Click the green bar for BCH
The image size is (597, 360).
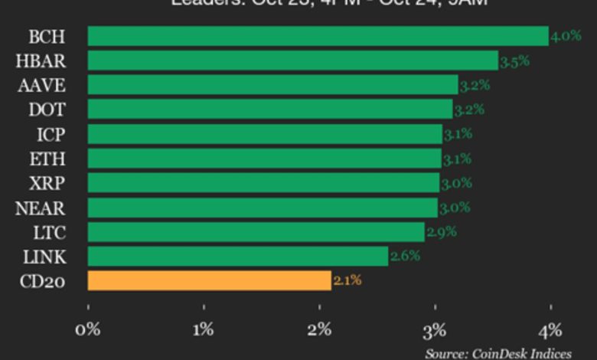coord(318,36)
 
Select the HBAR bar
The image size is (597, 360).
coord(293,61)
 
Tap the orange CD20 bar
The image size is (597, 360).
coord(209,280)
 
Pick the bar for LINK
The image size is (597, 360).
coord(238,256)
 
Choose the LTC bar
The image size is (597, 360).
coord(256,231)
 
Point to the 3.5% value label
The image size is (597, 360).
coord(514,61)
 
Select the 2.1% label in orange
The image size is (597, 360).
coord(347,280)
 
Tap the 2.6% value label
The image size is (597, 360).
coord(404,256)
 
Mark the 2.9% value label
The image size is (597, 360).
coord(441,231)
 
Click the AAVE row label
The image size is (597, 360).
coord(41,85)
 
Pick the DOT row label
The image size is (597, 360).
coord(47,110)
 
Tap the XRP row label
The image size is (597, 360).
coord(47,183)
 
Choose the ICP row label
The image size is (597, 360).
coord(51,134)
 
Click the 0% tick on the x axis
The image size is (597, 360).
coord(89,330)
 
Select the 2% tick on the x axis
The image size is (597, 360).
coord(319,330)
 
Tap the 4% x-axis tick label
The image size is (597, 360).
coord(550,330)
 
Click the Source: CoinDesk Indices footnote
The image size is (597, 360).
coord(498,353)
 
